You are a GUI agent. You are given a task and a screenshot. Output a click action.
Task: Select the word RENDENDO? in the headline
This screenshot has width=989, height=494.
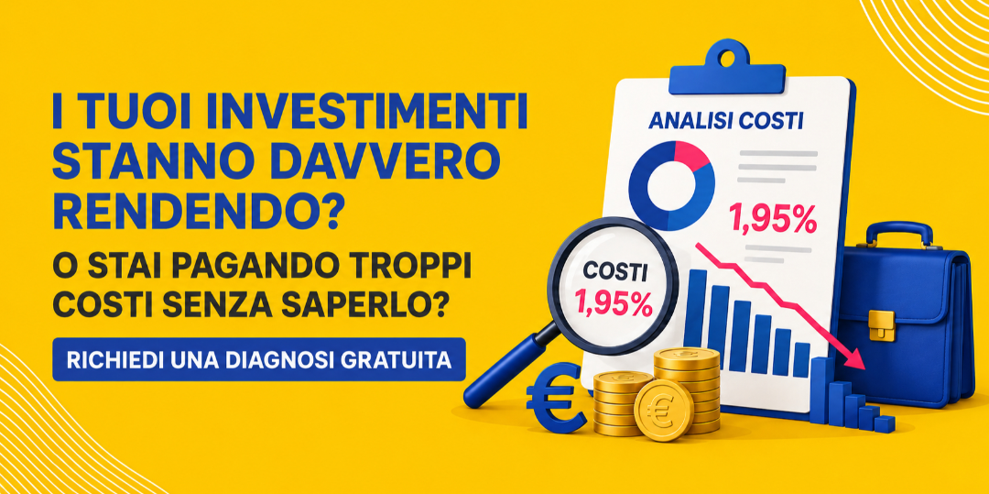click(201, 212)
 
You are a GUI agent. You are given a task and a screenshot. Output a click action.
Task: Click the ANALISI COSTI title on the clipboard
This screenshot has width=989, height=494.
click(724, 120)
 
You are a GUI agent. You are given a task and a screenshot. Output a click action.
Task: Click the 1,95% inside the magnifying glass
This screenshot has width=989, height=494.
click(613, 304)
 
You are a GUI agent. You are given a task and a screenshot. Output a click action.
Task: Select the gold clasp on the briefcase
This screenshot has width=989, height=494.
click(881, 325)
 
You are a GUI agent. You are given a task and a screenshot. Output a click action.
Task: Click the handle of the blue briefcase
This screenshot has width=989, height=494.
click(898, 231)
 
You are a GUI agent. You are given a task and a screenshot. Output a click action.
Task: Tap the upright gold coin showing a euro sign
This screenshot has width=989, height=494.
click(664, 410)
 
